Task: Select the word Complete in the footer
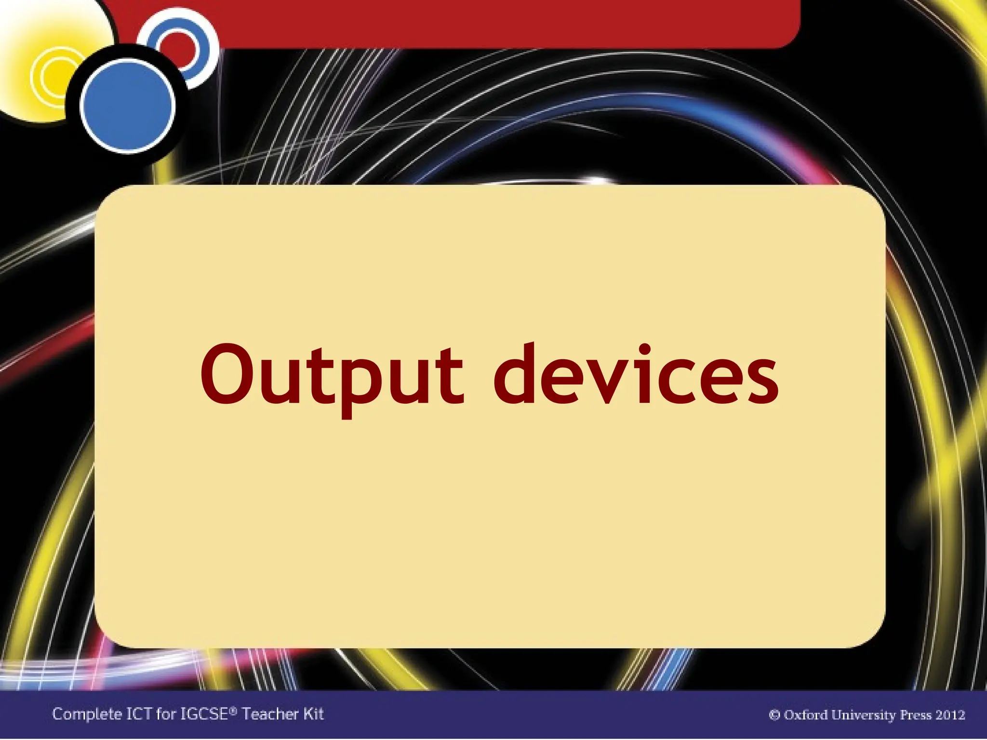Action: [87, 714]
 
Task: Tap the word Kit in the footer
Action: [313, 714]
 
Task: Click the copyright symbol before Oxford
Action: [774, 714]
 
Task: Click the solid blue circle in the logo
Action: [128, 105]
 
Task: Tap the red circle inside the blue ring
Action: [177, 46]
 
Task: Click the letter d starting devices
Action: [518, 374]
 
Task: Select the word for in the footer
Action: [166, 714]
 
